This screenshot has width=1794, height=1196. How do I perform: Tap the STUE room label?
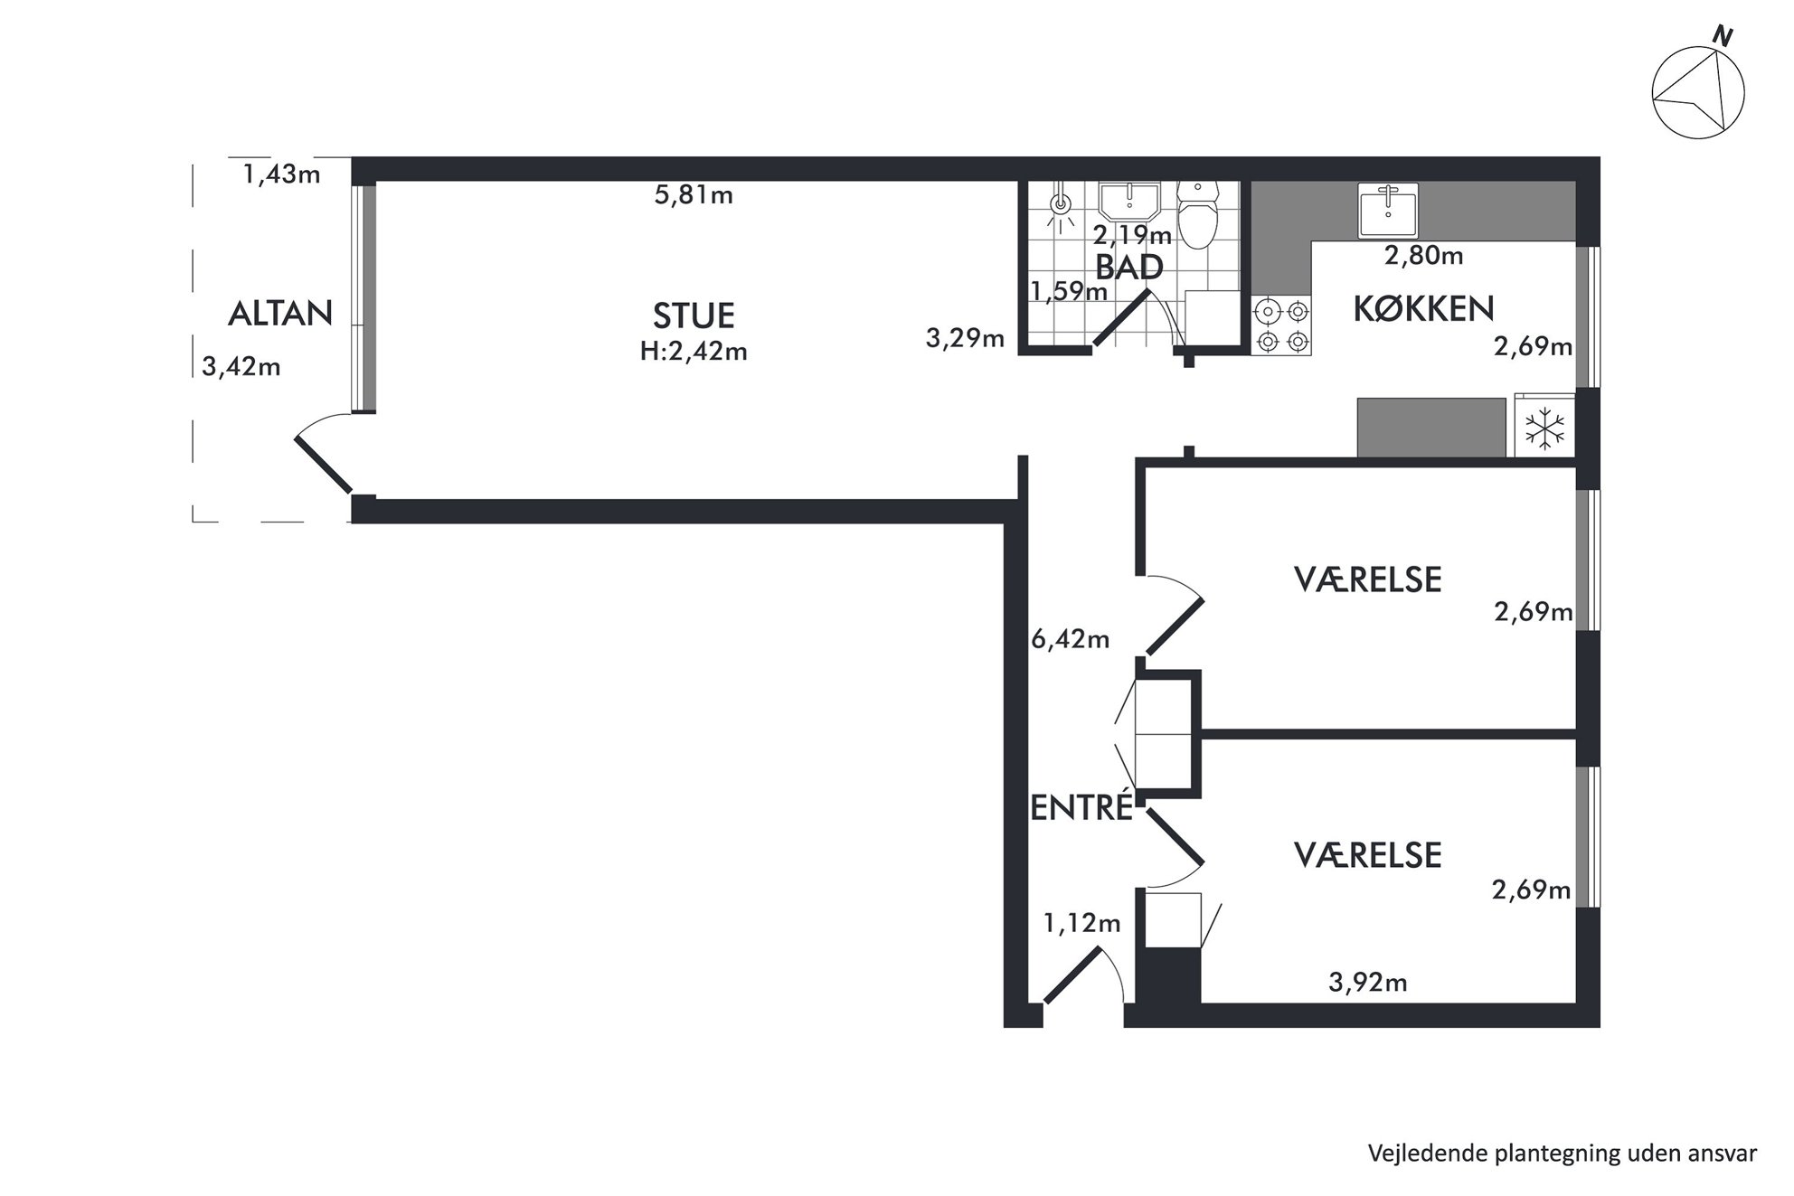[694, 315]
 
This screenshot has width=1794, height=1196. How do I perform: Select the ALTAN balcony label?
[280, 314]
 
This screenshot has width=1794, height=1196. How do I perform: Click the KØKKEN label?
[1423, 309]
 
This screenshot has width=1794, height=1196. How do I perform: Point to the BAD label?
[1129, 267]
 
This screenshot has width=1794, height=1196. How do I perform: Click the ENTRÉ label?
[1081, 807]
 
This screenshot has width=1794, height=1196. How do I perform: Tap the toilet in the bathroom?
[1199, 214]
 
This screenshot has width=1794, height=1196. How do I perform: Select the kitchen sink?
[1388, 210]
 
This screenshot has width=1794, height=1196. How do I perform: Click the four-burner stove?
[1281, 325]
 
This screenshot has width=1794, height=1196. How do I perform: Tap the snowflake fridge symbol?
[1544, 428]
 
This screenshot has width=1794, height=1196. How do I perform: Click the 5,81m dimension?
[694, 194]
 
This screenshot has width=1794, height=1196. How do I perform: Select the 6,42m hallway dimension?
[1071, 639]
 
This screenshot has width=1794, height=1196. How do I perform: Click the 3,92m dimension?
[1367, 982]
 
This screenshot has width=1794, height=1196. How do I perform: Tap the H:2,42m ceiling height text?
[694, 351]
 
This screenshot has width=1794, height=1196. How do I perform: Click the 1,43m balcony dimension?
[281, 174]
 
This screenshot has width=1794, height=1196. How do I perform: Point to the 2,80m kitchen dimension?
[1424, 256]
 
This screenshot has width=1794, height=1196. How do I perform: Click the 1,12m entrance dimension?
[1081, 923]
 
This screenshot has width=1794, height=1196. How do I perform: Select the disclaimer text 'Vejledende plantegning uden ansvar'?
[1563, 1154]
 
